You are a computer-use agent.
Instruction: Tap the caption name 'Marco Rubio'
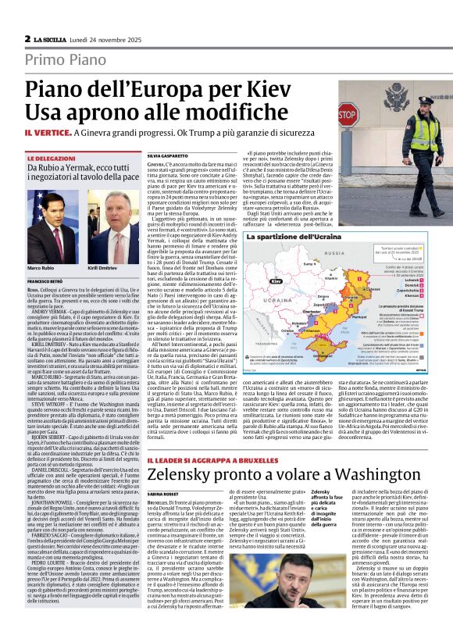coord(40,267)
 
